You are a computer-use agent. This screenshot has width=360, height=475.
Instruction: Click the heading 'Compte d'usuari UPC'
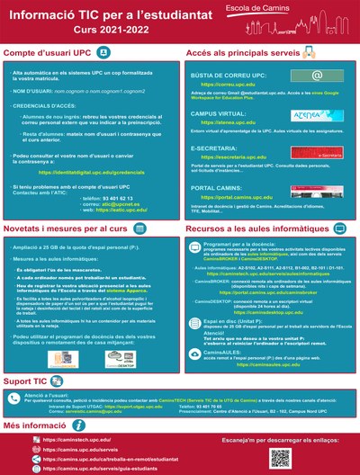54,55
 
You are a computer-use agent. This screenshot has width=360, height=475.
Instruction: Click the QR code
282,457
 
